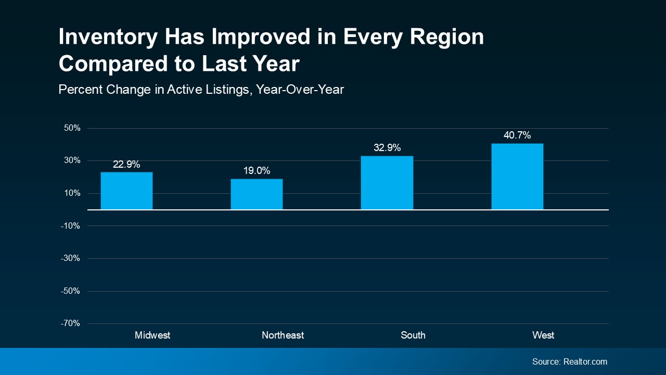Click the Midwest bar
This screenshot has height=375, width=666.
point(126,191)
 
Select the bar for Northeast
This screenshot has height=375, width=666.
point(257,194)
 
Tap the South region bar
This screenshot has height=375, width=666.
point(387,183)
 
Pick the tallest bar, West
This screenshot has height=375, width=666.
point(517,177)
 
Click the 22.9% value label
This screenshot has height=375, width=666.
point(126,165)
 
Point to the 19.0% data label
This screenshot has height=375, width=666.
point(257,171)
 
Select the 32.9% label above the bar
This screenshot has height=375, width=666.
point(387,148)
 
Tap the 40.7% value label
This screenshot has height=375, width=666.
point(517,135)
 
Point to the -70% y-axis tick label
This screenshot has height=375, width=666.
point(71,323)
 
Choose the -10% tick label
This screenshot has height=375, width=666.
point(71,226)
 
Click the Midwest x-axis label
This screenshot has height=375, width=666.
point(152,335)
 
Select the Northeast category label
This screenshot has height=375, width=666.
point(283,335)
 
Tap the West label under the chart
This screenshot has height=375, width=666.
point(543,335)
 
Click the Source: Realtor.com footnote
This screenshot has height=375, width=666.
point(569,361)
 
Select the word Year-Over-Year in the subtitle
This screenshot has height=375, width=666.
point(300,90)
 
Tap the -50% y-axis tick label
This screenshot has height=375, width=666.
point(71,291)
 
